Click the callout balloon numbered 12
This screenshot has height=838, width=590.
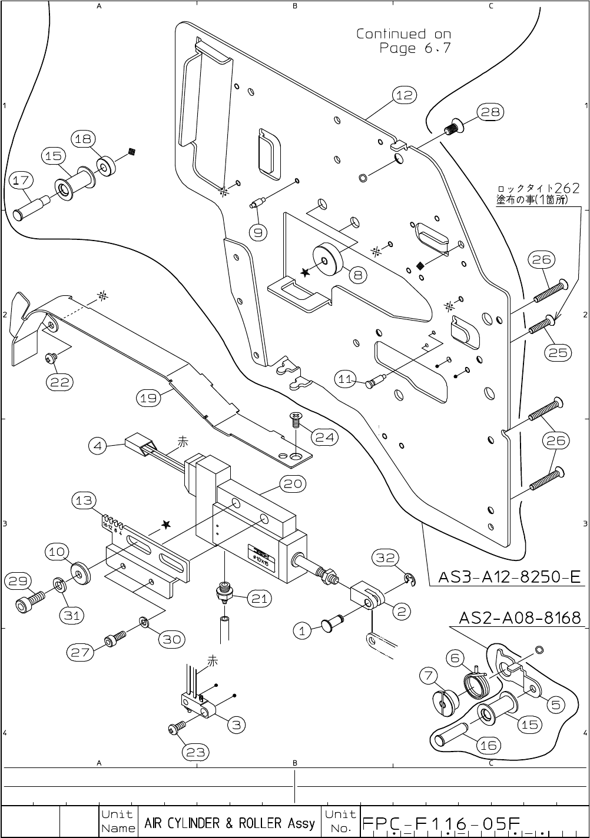tap(405, 95)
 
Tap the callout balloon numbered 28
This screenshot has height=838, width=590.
tap(490, 112)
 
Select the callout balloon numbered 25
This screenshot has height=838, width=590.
tap(558, 352)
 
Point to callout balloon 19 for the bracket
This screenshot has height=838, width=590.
tap(148, 398)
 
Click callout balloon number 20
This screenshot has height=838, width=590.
tap(293, 484)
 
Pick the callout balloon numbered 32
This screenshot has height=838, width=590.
tap(386, 557)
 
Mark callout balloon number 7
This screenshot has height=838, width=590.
tap(429, 676)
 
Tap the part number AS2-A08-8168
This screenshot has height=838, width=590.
tap(520, 617)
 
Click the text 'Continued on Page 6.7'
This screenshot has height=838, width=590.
tap(404, 41)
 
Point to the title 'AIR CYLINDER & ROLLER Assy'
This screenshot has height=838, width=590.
tap(230, 823)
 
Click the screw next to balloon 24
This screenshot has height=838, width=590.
tap(296, 419)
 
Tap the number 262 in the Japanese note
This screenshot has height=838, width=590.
tap(567, 189)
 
